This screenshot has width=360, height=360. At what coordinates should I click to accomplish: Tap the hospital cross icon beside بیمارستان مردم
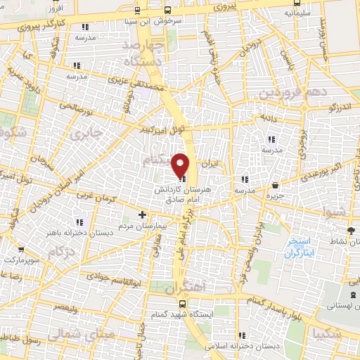142,214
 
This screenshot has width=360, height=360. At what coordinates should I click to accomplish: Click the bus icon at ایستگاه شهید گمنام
182,304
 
